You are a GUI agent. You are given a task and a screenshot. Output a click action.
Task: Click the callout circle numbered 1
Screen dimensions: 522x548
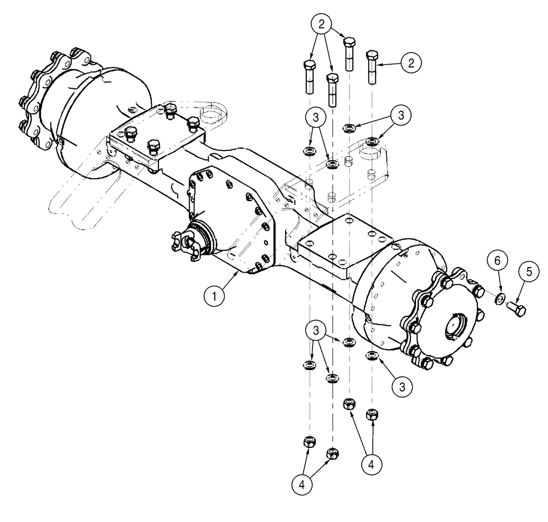pos(215,297)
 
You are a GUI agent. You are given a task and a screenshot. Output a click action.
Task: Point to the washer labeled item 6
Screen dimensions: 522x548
pos(500,300)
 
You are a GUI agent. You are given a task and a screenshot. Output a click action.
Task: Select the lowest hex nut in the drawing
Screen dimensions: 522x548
pos(332,453)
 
